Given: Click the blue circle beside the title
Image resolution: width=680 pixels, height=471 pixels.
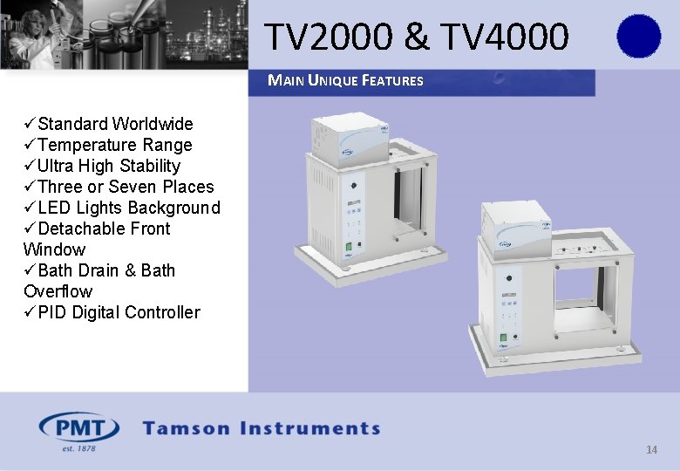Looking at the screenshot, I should click(638, 37).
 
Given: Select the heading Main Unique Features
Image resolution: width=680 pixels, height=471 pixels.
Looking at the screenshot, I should click(345, 81).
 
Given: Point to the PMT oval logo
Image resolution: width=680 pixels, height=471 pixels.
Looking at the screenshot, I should click(79, 428).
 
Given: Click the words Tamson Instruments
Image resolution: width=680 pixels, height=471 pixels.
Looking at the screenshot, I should click(262, 428).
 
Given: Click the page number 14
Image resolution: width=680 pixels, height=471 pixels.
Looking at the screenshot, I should click(651, 450).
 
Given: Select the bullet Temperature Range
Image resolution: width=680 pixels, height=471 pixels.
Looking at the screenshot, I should click(114, 145).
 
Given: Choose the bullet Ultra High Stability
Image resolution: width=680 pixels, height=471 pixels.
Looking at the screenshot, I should click(109, 166).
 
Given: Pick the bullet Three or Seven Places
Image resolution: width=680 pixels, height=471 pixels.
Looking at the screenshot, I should click(126, 187).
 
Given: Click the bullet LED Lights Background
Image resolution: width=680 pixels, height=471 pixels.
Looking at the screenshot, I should click(129, 208).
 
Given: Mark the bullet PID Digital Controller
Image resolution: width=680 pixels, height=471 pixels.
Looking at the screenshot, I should click(119, 312).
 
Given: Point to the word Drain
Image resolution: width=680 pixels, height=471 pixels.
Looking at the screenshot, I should click(97, 270).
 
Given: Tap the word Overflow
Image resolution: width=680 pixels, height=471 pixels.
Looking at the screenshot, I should click(58, 291).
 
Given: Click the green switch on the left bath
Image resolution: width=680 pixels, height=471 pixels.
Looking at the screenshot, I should click(347, 246).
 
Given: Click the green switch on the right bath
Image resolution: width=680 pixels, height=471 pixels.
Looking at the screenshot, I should click(504, 339).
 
